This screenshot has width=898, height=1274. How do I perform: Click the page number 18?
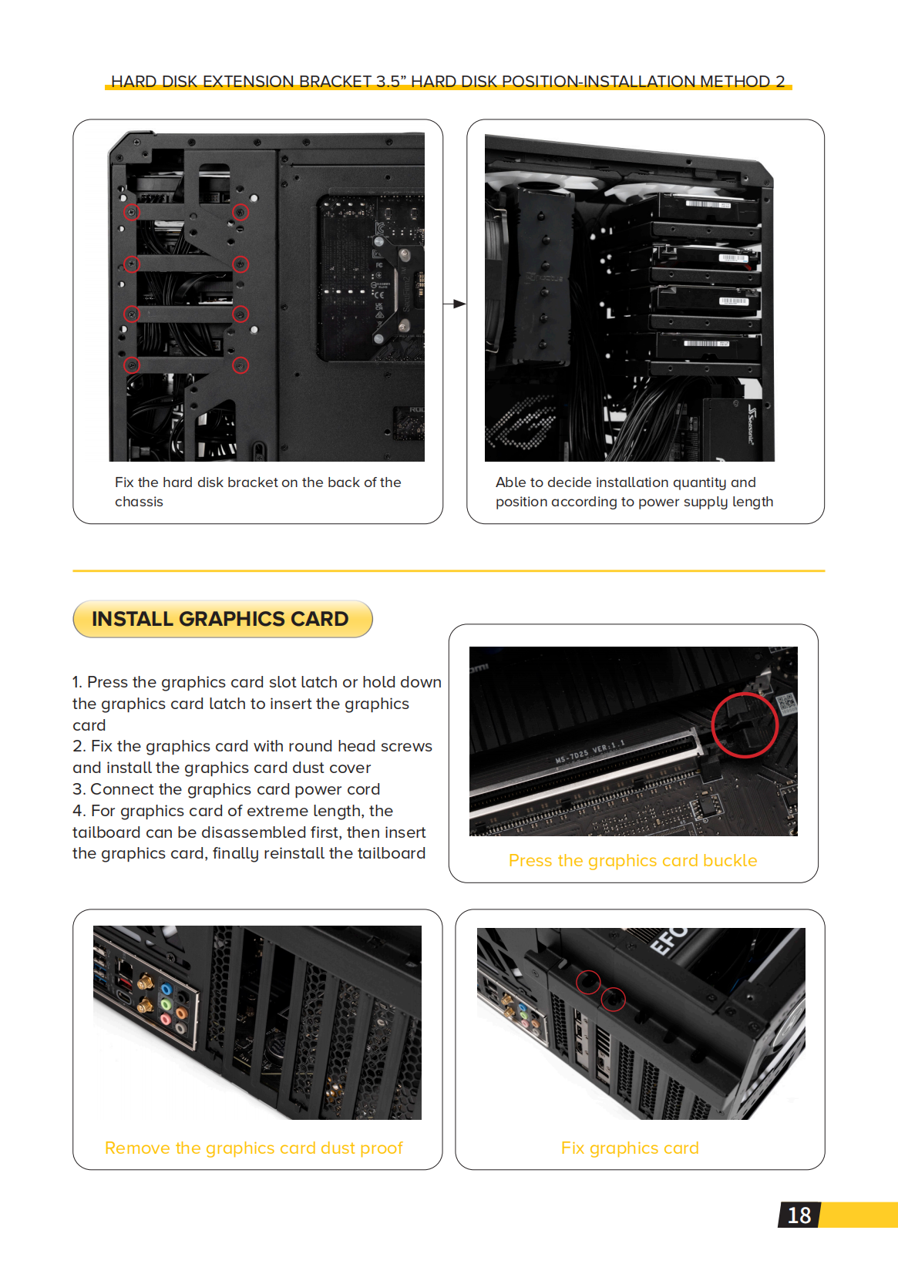(799, 1215)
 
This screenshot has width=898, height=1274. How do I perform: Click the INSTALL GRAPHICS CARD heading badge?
(222, 619)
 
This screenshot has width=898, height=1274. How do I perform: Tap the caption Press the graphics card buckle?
(632, 860)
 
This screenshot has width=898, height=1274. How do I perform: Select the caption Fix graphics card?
(629, 1148)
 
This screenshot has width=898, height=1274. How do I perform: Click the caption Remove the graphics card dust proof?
(254, 1148)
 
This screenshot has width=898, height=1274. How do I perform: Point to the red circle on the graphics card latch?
(744, 725)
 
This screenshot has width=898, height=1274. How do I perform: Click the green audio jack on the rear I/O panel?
(166, 1005)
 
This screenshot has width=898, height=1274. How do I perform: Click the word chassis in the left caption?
(139, 502)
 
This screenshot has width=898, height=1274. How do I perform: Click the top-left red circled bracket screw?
(132, 212)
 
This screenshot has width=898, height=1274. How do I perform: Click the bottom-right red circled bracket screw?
(240, 365)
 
